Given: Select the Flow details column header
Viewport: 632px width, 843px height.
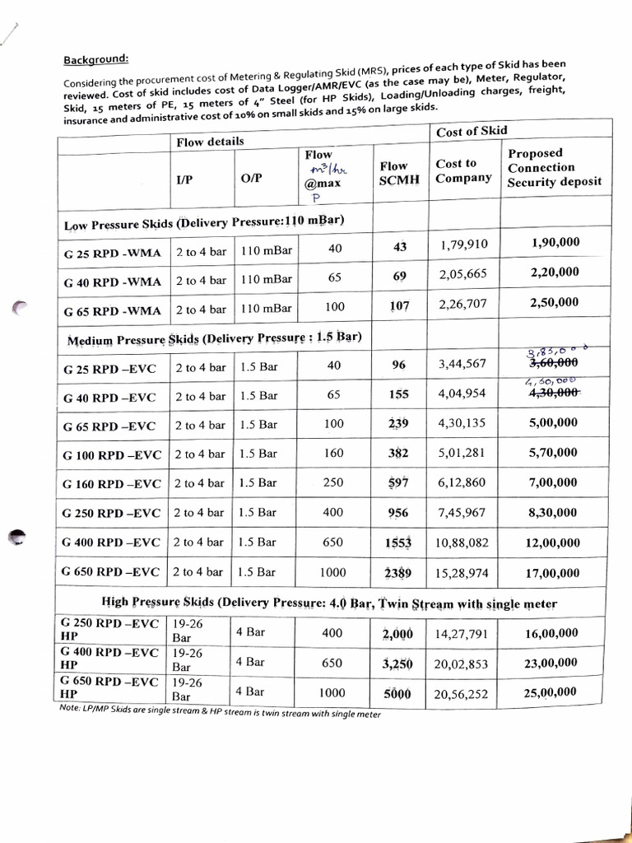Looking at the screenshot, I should pos(210,142).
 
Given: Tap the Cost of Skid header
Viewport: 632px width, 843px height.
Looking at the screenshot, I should pos(472,131).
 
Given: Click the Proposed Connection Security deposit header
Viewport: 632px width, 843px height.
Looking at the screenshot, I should pos(554,168).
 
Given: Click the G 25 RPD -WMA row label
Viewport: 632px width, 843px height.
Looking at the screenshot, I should pos(112,252).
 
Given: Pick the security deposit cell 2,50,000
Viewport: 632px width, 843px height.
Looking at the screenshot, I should pos(554,302).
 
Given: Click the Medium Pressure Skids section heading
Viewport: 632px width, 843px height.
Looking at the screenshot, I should pos(214,338).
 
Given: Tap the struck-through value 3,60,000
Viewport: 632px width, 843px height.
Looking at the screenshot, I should pos(553,362).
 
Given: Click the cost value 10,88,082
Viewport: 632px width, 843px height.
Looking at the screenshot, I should pos(462,543).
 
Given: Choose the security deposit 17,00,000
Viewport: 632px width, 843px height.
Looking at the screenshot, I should pos(553,572).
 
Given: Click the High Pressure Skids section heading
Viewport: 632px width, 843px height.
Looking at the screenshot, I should pos(329,603).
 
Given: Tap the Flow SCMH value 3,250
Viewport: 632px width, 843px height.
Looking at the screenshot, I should pos(397,664).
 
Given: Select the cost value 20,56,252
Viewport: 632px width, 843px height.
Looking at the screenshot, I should pos(462,694).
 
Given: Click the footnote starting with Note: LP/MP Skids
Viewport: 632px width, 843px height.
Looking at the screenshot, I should pos(221,713).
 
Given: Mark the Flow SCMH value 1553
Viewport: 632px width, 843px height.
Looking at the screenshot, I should pos(397,543).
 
